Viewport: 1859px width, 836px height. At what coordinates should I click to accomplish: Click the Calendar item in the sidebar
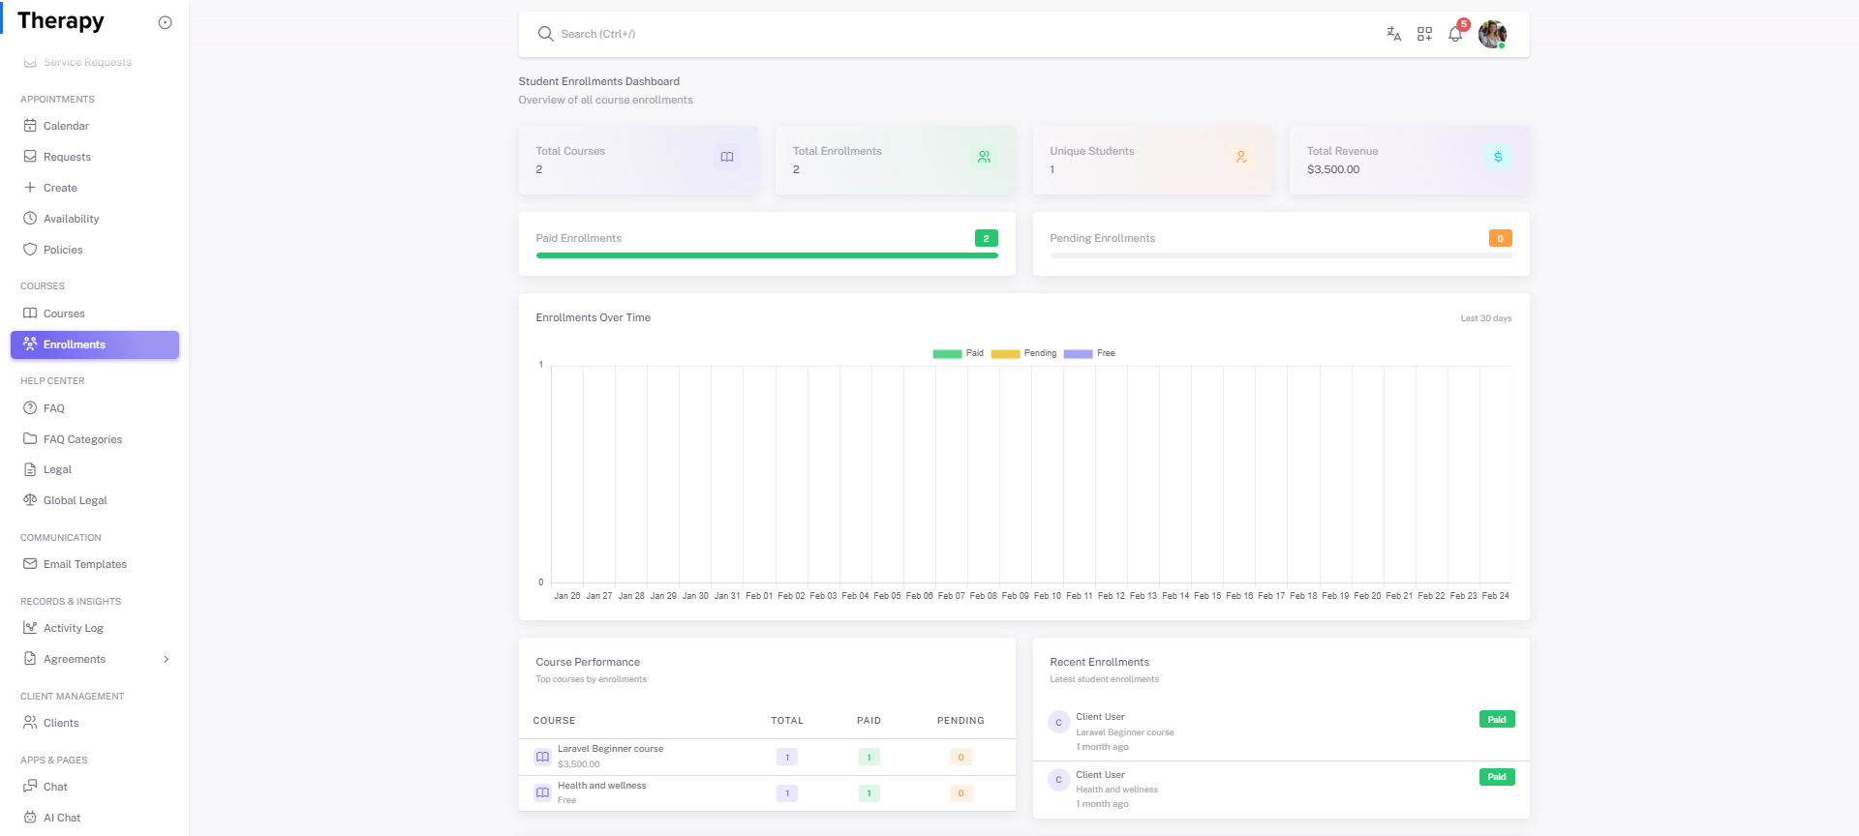point(66,126)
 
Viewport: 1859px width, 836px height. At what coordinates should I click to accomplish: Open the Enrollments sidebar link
point(75,344)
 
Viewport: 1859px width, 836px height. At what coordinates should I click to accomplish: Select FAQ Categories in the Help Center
point(82,439)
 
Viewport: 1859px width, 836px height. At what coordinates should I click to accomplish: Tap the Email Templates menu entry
point(84,564)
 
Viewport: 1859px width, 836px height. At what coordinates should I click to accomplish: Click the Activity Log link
point(73,628)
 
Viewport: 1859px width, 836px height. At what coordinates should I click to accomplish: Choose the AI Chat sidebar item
point(62,818)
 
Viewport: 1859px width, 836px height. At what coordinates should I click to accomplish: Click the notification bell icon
point(1455,34)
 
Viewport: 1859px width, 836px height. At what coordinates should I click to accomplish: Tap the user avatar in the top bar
point(1492,34)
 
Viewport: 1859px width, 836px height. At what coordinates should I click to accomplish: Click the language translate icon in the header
point(1393,34)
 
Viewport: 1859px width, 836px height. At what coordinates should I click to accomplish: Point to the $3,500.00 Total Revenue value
point(1333,169)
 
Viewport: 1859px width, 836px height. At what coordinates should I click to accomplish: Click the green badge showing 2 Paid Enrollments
point(986,238)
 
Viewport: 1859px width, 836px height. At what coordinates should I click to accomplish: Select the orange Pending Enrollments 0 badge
point(1500,238)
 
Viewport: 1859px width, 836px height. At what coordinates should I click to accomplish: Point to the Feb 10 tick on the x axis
point(1048,596)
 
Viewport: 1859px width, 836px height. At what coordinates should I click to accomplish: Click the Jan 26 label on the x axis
point(567,596)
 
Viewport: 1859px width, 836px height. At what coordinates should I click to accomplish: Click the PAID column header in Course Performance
point(869,721)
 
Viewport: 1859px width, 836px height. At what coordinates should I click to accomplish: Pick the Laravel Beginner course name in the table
point(610,749)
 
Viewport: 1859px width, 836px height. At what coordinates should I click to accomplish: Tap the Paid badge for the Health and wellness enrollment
point(1496,777)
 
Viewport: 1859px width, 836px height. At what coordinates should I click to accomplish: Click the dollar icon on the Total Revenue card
point(1498,157)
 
